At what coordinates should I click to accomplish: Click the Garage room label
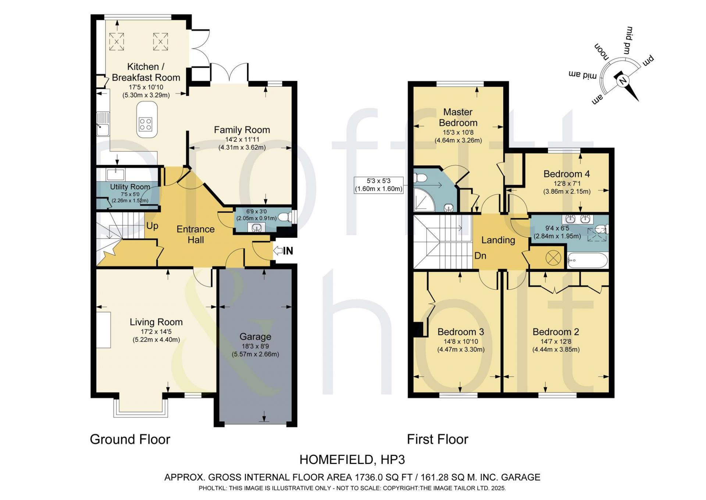point(255,337)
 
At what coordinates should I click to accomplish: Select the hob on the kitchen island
point(145,124)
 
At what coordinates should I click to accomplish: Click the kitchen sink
point(103,124)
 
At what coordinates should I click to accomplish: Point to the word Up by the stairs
point(152,226)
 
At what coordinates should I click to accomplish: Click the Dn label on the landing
point(480,256)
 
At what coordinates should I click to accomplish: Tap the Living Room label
point(156,322)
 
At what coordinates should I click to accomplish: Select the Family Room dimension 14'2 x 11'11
point(242,140)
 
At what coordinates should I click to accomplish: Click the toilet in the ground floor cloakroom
point(284,217)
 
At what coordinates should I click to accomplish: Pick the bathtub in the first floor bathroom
point(587,260)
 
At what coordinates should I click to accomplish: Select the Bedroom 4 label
point(566,174)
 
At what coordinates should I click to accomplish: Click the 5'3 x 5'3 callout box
point(379,185)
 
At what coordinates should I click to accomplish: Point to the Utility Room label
point(130,187)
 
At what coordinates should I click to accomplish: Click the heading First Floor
point(438,439)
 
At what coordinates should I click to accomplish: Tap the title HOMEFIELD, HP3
point(352,459)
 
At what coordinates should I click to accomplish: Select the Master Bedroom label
point(458,117)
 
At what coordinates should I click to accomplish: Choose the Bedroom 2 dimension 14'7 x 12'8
point(556,342)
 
